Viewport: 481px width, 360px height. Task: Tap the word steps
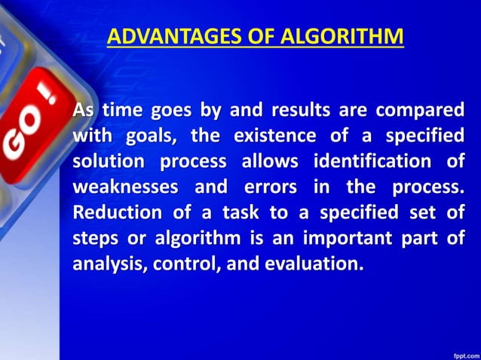click(x=93, y=239)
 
